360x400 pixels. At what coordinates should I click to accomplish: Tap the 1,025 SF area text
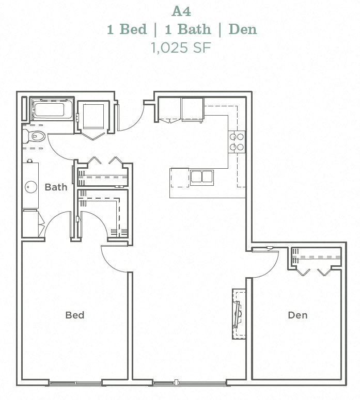(x=181, y=48)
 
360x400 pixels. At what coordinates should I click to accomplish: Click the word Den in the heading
(x=242, y=29)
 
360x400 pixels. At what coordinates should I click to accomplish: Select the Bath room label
(x=56, y=187)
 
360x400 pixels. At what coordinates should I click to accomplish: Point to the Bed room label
(x=75, y=315)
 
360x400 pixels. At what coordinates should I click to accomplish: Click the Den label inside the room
(x=298, y=315)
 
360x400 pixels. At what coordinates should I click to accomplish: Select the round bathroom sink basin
(x=30, y=186)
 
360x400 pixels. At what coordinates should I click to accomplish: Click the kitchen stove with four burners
(x=237, y=142)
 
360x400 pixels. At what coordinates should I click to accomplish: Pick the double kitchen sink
(x=201, y=177)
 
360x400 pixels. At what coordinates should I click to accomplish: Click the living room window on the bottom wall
(x=190, y=383)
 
